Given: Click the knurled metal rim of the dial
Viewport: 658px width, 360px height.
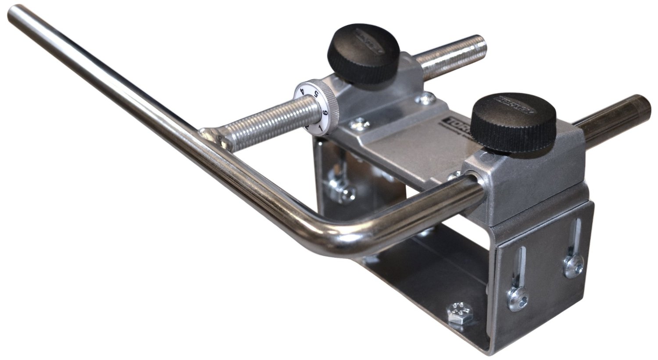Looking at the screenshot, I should point(333,101).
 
